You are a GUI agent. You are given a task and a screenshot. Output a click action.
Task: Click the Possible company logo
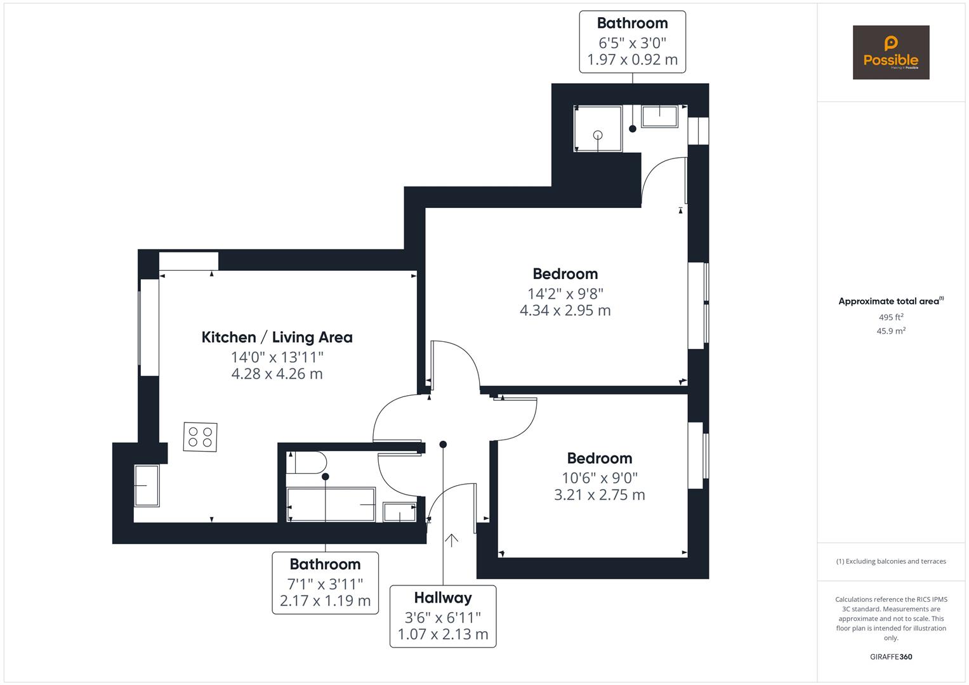pos(890,52)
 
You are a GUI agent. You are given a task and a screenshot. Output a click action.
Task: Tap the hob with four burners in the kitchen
pos(200,437)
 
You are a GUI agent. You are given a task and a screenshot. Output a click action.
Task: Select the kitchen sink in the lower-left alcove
pos(147,485)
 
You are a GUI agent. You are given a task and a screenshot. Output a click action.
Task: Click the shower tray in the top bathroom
pos(598,129)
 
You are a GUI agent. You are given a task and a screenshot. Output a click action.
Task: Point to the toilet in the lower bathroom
pos(306,462)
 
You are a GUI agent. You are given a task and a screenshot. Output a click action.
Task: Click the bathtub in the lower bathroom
pos(331,504)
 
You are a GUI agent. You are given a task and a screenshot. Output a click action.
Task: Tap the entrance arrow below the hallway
pos(451,540)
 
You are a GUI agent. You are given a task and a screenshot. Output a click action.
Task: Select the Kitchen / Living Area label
pos(277,337)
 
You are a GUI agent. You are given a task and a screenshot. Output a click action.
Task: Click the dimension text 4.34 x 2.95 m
pos(565,310)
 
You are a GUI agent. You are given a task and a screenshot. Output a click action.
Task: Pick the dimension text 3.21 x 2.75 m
pos(599,495)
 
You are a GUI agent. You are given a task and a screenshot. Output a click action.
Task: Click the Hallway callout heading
pos(443,597)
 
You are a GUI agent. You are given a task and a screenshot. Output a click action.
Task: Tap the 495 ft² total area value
pos(891,317)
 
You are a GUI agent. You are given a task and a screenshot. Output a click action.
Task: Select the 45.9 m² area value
pos(891,330)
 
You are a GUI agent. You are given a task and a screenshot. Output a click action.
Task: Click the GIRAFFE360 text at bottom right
pos(891,656)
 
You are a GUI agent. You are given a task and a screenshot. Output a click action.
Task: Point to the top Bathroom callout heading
pos(632,23)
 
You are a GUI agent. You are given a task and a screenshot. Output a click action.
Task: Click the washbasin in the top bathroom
pos(660,116)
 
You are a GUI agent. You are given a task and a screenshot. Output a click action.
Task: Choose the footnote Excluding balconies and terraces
pos(891,561)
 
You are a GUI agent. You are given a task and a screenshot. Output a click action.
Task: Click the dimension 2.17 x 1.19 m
pos(325,600)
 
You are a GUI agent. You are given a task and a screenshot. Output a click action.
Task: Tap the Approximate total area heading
pos(890,301)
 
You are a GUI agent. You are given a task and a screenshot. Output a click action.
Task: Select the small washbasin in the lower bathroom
pos(400,512)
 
